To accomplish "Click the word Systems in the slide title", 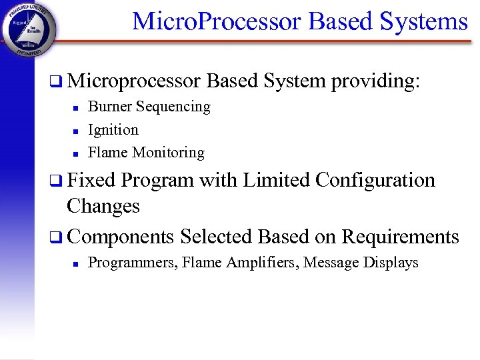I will click(x=424, y=21).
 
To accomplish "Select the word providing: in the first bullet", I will click(x=376, y=81).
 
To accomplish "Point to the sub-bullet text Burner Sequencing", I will click(x=149, y=107).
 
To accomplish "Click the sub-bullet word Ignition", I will click(x=113, y=130).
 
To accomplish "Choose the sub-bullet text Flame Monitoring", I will click(x=147, y=153).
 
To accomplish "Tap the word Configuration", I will click(x=375, y=181).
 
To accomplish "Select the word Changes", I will click(x=103, y=206).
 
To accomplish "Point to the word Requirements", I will click(x=400, y=237).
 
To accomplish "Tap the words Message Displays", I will click(x=361, y=263).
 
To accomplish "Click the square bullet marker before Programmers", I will click(x=76, y=264).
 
